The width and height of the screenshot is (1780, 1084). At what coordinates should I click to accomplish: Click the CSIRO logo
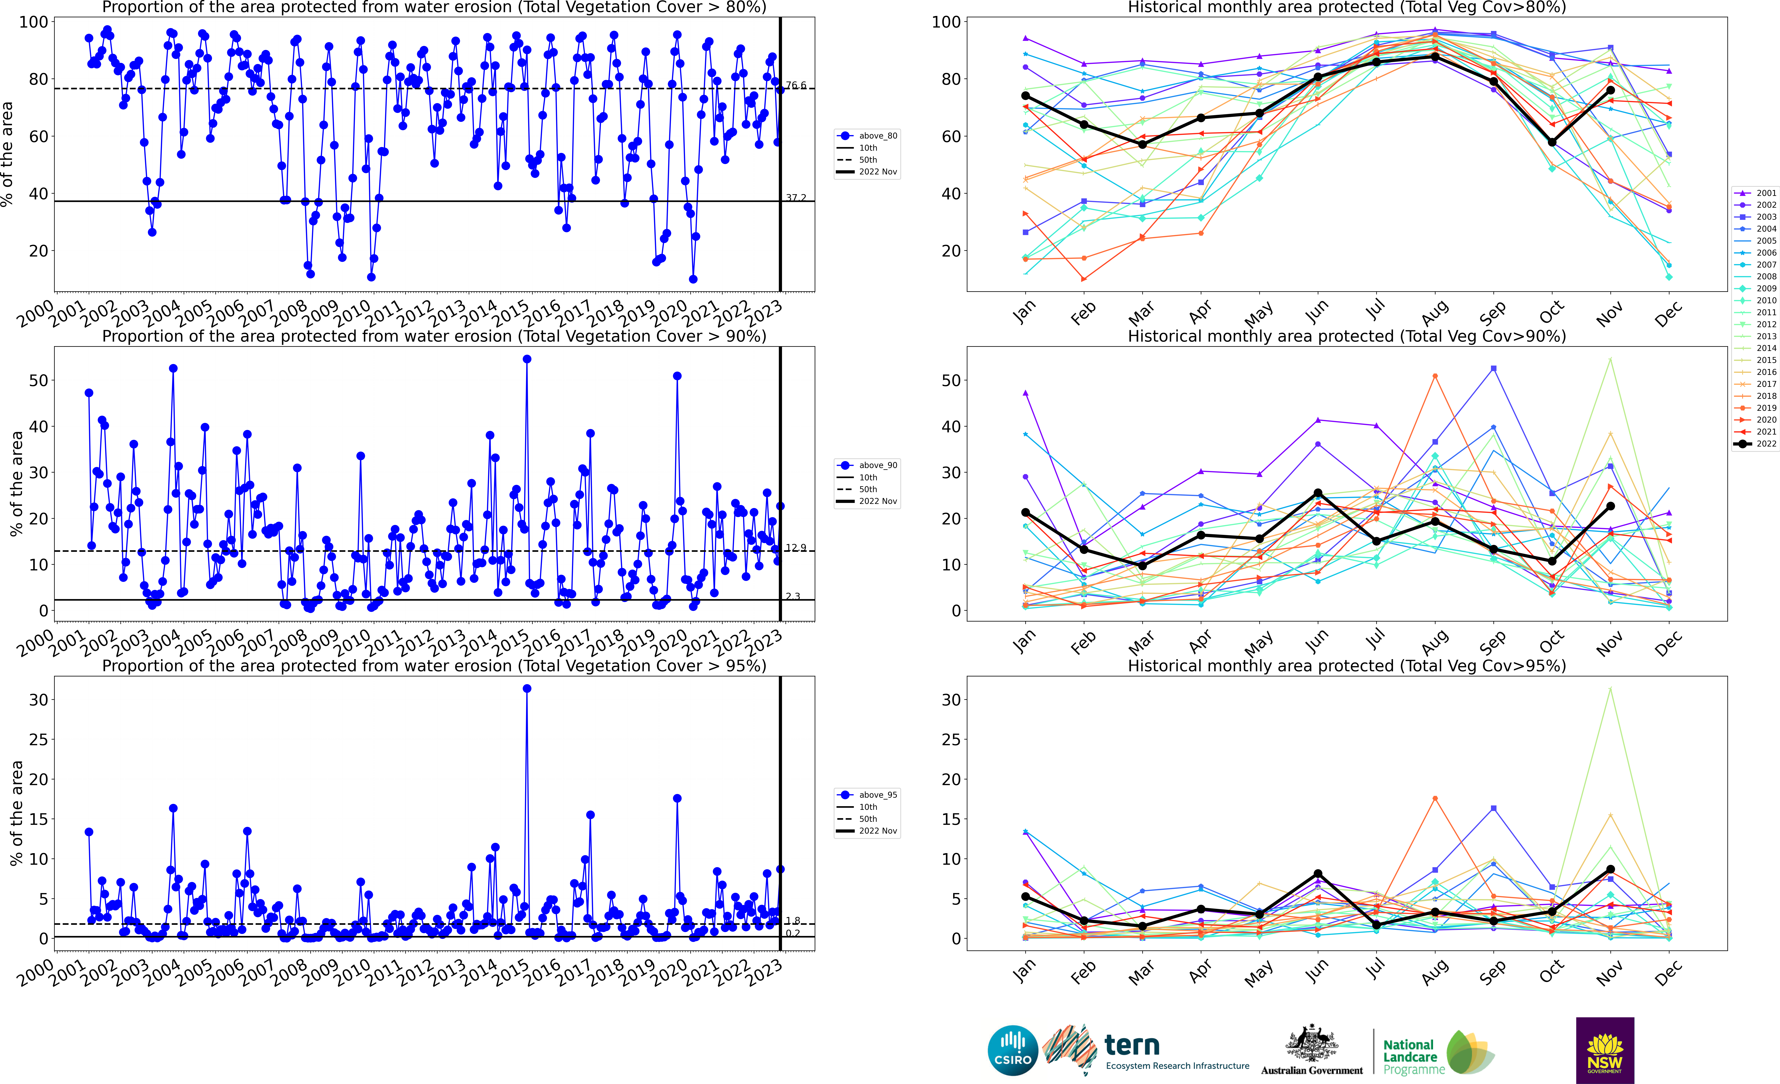coord(1012,1050)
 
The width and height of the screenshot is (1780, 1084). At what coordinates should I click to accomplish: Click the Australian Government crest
coord(1311,1043)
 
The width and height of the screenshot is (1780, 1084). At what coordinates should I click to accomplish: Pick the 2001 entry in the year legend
coord(1757,193)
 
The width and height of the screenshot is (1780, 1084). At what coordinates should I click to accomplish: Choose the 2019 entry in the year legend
coord(1757,408)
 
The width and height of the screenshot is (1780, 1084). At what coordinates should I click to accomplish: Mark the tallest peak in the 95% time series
coord(527,689)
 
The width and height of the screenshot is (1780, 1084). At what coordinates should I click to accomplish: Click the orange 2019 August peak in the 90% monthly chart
coord(1435,377)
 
